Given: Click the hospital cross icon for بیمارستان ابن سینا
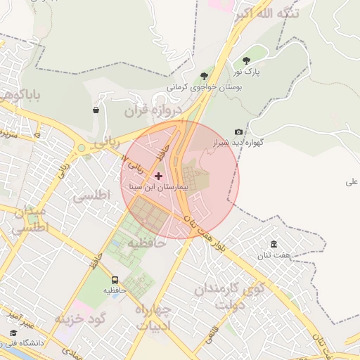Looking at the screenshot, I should [157, 175].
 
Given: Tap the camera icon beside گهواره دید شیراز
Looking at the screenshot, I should [238, 132].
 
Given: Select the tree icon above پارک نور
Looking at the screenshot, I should [246, 61].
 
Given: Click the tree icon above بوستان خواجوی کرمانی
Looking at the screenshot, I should [204, 75].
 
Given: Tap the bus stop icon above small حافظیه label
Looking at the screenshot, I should [115, 279].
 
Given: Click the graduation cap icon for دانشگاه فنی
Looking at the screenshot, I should [13, 333].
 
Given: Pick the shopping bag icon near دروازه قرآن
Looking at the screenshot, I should [96, 110].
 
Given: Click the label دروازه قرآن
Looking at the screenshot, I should [153, 110].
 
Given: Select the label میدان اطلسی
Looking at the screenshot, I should [30, 219].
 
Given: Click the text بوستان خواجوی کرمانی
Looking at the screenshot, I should [204, 87].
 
